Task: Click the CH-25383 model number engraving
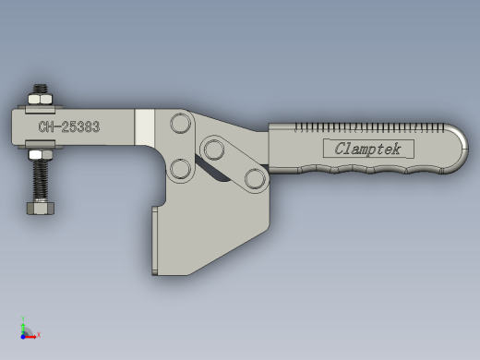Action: point(69,126)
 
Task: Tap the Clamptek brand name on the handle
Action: point(368,149)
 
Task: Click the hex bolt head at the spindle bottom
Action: point(41,208)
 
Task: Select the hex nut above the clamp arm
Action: point(41,99)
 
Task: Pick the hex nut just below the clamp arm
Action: point(41,154)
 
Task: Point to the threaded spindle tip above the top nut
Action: point(41,89)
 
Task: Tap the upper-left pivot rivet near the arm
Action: point(181,123)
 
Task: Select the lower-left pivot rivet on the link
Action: point(180,169)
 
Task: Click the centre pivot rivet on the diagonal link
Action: point(214,150)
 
